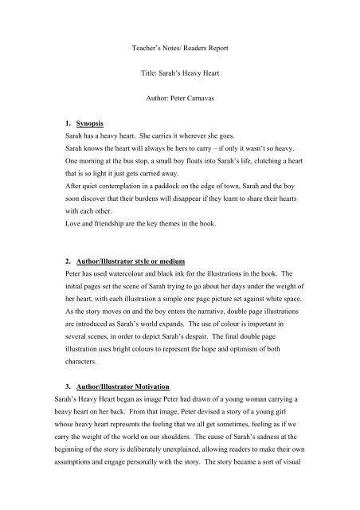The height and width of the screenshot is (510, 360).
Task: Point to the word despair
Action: click(x=199, y=359)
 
